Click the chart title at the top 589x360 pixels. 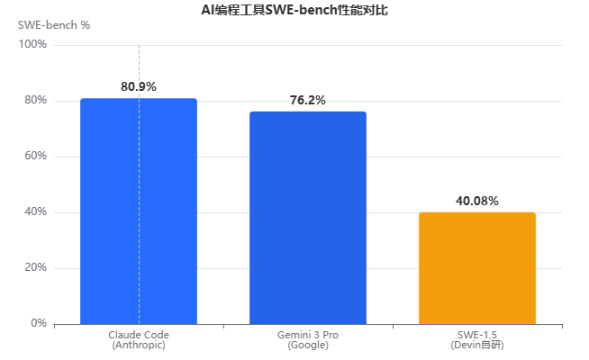pos(294,10)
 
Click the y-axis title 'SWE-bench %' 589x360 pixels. pos(54,25)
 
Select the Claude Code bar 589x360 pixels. pos(139,211)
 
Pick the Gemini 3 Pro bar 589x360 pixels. pos(308,218)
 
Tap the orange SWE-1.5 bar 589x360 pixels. pos(477,268)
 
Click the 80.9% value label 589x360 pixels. pos(139,86)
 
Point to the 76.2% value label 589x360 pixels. pos(308,100)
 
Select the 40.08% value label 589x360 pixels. pos(477,201)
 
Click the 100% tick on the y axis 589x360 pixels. pos(32,44)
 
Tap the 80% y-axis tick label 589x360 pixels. pos(36,100)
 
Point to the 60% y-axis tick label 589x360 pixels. pos(36,156)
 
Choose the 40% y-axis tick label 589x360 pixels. pos(36,211)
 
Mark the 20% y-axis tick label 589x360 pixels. pos(36,267)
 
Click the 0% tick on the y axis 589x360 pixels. pos(39,323)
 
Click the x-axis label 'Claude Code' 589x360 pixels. pos(139,335)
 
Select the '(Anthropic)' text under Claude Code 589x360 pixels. pos(139,345)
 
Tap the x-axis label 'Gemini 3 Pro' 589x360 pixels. pos(308,335)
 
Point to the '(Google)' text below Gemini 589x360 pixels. pos(308,345)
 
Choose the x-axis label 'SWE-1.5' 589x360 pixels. pos(477,335)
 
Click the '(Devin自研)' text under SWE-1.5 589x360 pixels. pos(477,345)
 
